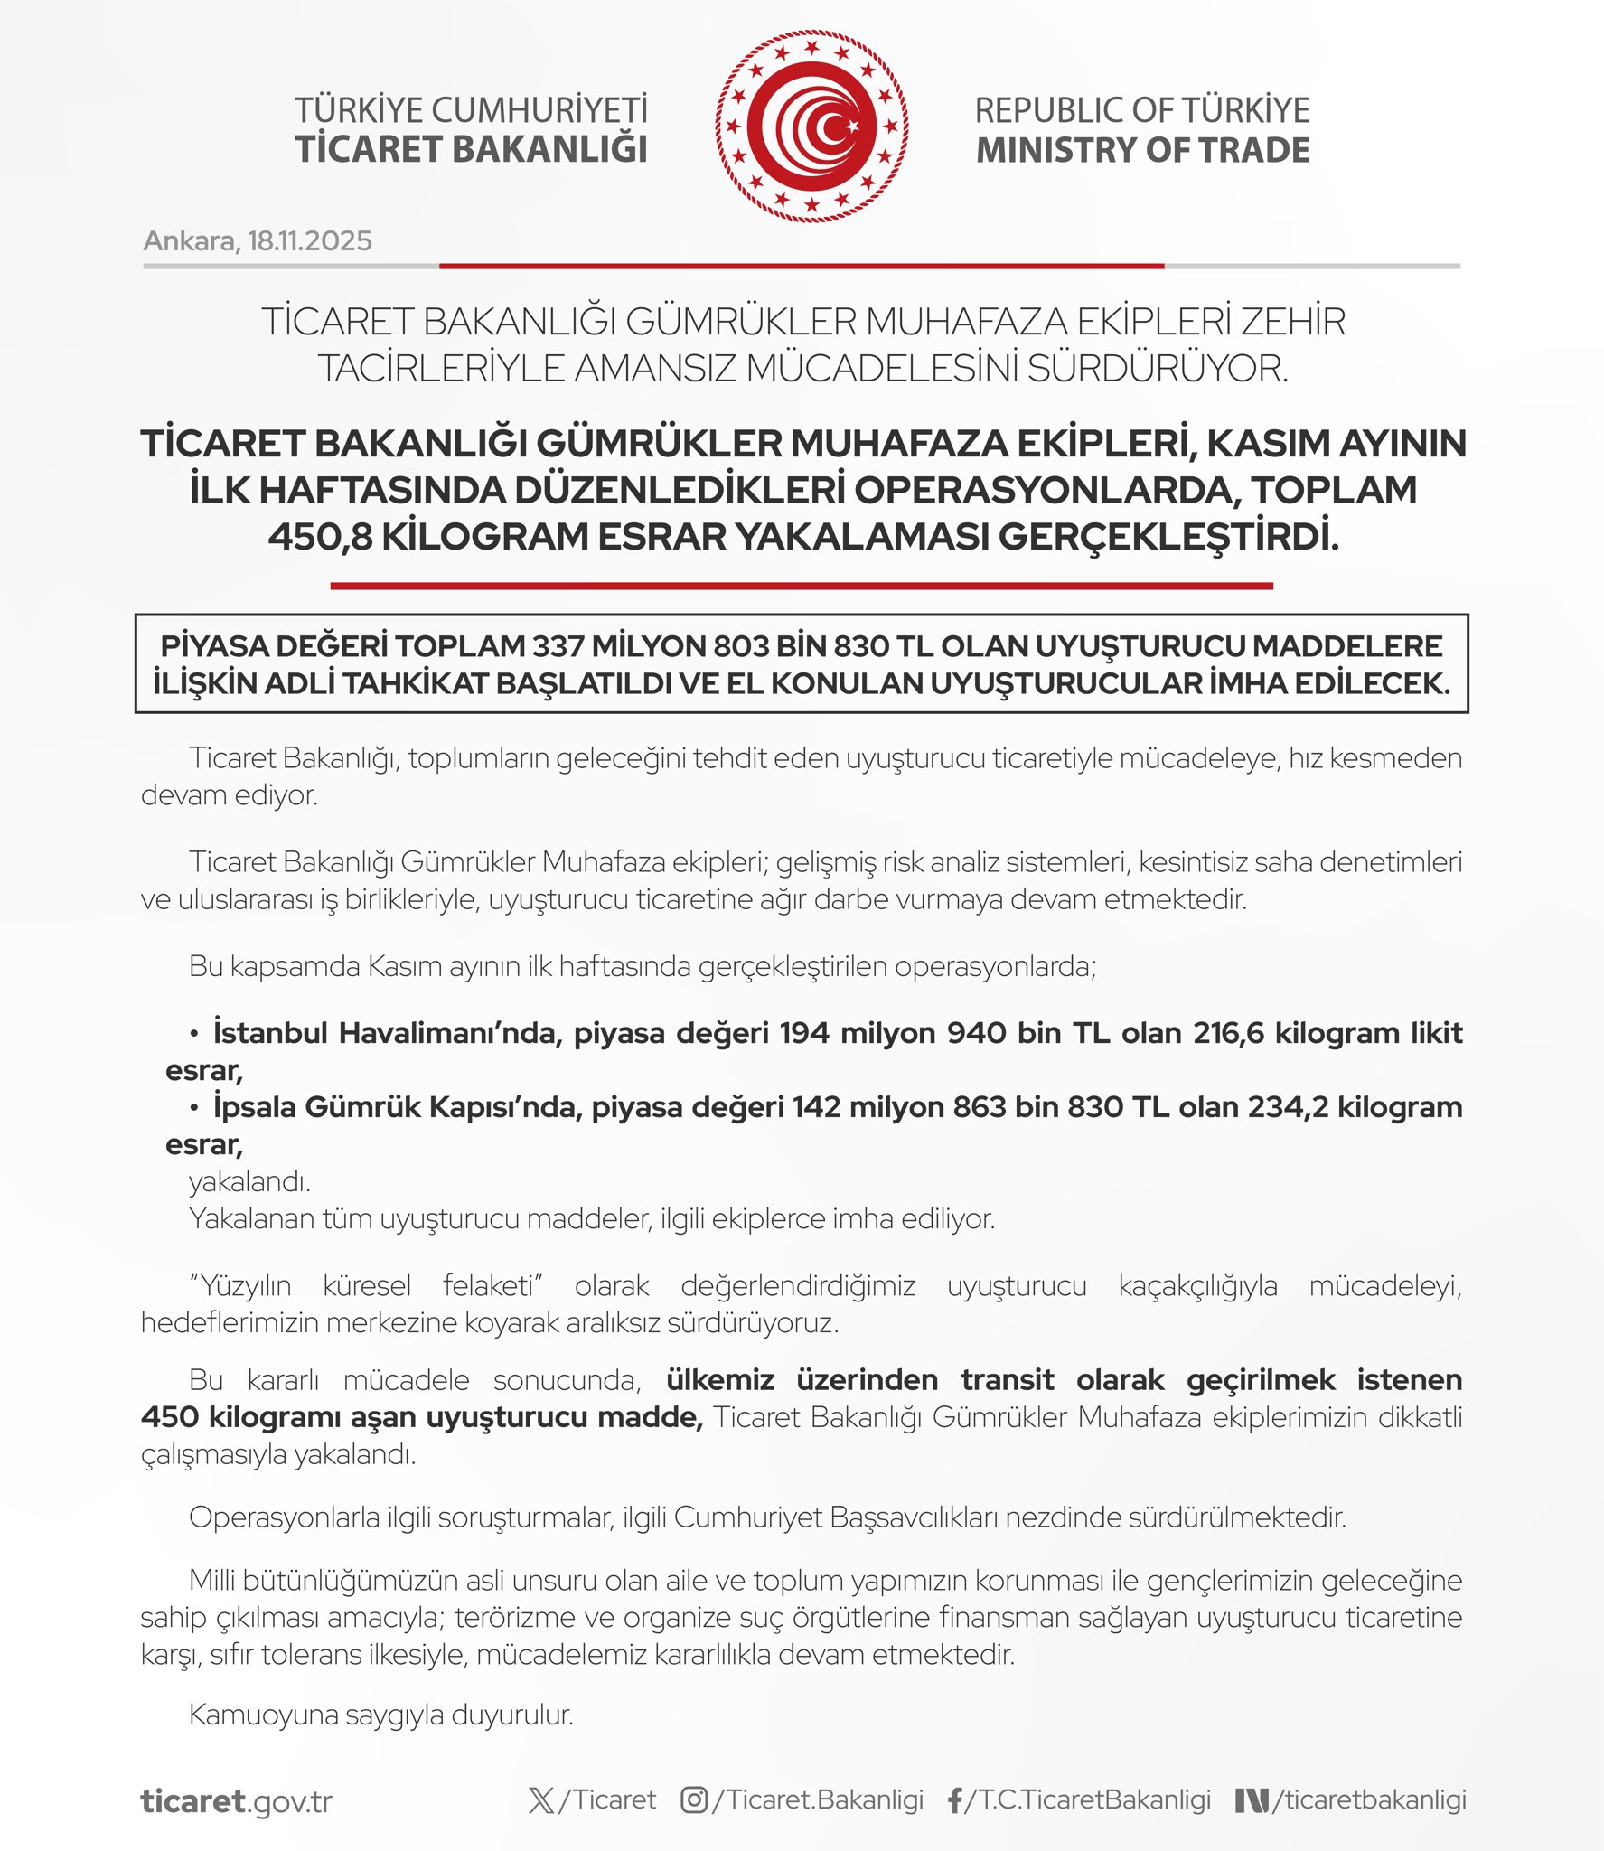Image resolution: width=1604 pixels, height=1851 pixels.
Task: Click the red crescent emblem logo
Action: coord(811,127)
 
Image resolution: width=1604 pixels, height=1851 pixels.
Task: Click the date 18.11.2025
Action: coord(309,241)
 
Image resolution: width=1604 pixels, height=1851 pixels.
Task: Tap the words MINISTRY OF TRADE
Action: coord(1142,150)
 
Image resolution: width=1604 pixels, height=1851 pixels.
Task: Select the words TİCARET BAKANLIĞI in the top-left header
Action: coord(471,150)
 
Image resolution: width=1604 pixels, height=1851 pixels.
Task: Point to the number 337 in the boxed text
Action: coord(558,646)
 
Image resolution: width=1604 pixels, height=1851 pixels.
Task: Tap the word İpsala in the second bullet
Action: coord(254,1106)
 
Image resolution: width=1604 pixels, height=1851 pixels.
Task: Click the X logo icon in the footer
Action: coord(541,1799)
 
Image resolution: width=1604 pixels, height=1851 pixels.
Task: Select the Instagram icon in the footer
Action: coord(694,1799)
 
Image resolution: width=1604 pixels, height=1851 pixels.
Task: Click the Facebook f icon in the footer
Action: coord(954,1800)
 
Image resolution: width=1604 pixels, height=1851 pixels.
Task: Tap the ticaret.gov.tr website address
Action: coord(237,1801)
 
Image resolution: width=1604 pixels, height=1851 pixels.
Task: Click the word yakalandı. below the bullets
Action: coord(249,1181)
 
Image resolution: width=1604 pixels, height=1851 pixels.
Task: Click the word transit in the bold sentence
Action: coord(1007,1379)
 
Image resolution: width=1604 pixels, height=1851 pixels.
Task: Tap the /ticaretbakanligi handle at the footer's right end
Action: coord(1368,1799)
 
